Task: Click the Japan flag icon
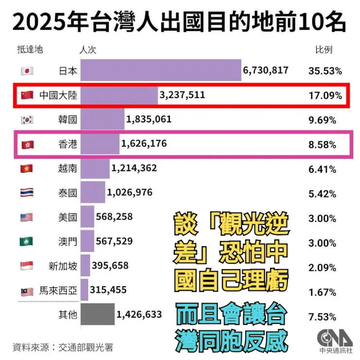coord(27,71)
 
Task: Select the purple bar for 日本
coord(161,70)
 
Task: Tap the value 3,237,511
coord(182,95)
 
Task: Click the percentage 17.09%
coord(325,95)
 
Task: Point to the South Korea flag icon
coord(27,120)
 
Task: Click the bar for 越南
coord(95,169)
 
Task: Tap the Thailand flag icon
coord(27,193)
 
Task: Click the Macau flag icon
coord(27,241)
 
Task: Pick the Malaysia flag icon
coord(27,291)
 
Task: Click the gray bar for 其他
coord(97,315)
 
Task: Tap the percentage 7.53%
coord(322,317)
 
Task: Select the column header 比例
coord(324,50)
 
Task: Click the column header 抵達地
coord(30,50)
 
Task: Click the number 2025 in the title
coord(34,22)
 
